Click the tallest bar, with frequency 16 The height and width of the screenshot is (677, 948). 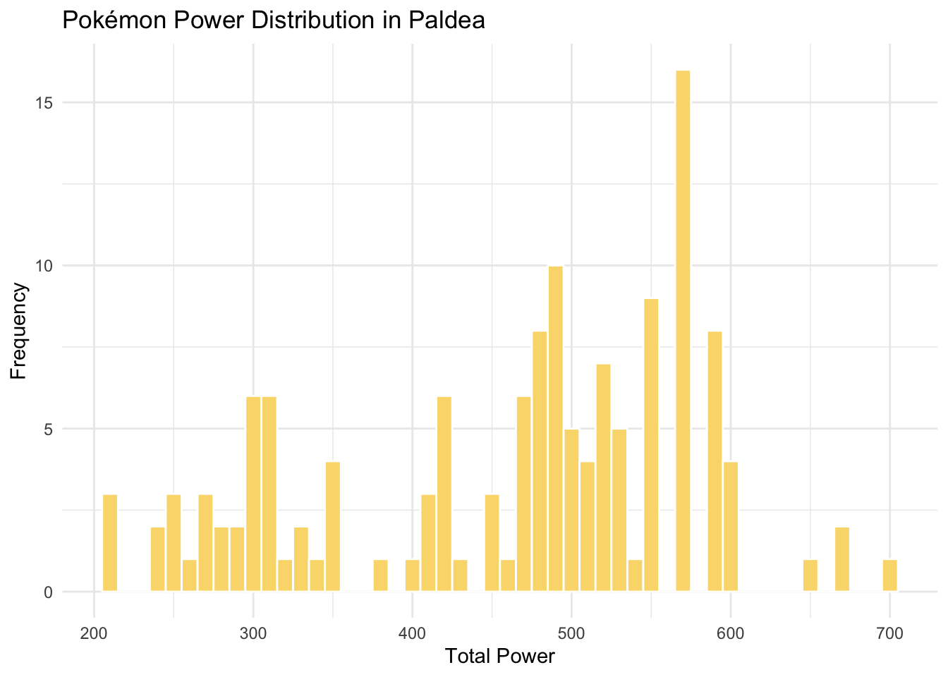683,331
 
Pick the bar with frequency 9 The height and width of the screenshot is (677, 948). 651,445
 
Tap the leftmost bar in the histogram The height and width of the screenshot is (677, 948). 110,543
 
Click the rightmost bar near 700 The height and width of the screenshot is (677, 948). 890,575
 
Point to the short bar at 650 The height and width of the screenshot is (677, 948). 810,575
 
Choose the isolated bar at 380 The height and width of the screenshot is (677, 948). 381,575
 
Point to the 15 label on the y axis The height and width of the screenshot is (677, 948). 44,103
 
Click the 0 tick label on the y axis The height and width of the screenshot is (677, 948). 49,592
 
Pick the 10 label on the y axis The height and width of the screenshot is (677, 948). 44,266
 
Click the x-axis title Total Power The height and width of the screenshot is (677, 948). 500,657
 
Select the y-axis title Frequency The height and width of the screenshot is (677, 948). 19,331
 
